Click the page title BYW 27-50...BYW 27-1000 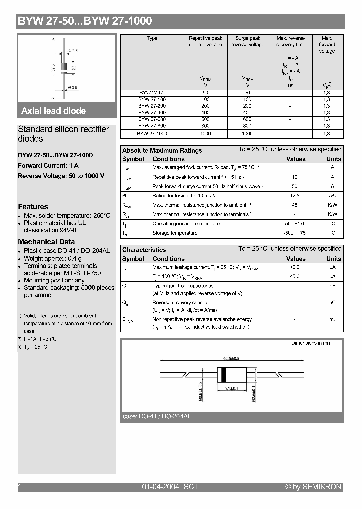coord(84,21)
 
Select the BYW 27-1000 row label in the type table coord(152,134)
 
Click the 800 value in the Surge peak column coord(247,126)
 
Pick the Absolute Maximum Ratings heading coord(162,150)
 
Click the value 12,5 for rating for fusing coord(295,195)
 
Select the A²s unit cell coord(332,195)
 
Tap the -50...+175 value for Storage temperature coord(295,233)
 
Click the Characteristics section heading coord(144,250)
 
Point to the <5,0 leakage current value coord(295,277)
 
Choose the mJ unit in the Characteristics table coord(332,319)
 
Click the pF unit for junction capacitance coord(332,286)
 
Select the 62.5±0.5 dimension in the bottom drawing coord(231,359)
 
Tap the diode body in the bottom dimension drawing coord(224,375)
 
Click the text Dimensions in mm coord(311,343)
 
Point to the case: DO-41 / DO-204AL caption coord(156,417)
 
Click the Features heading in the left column coord(33,207)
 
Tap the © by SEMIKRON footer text coord(313,487)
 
